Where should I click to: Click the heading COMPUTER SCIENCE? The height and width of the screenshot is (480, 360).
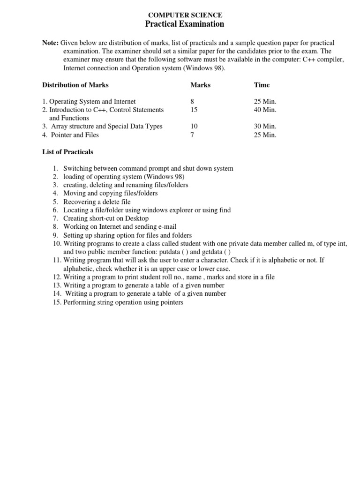(x=185, y=15)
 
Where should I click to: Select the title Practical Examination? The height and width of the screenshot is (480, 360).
(x=185, y=24)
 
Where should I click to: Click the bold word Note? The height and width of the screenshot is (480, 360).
(x=50, y=43)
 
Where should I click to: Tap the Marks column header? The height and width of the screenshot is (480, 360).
(x=200, y=85)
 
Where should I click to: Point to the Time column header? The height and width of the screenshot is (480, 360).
(x=262, y=85)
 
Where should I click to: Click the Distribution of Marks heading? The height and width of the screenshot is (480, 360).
(x=75, y=85)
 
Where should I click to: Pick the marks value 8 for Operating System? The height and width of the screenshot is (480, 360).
(x=192, y=101)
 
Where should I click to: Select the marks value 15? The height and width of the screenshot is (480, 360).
(x=194, y=110)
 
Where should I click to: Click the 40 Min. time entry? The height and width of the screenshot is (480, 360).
(x=265, y=110)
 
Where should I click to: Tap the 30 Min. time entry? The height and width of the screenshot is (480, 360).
(x=265, y=127)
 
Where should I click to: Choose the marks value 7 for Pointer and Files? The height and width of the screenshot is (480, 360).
(x=192, y=135)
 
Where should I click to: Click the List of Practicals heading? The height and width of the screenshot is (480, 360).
(x=67, y=152)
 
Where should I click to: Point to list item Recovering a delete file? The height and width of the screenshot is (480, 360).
(x=97, y=202)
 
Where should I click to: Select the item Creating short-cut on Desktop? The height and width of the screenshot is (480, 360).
(x=106, y=218)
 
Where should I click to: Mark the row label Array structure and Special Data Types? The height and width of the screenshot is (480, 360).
(x=107, y=127)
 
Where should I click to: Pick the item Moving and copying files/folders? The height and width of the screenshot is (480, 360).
(x=111, y=194)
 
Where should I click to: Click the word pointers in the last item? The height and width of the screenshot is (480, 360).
(x=171, y=302)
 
